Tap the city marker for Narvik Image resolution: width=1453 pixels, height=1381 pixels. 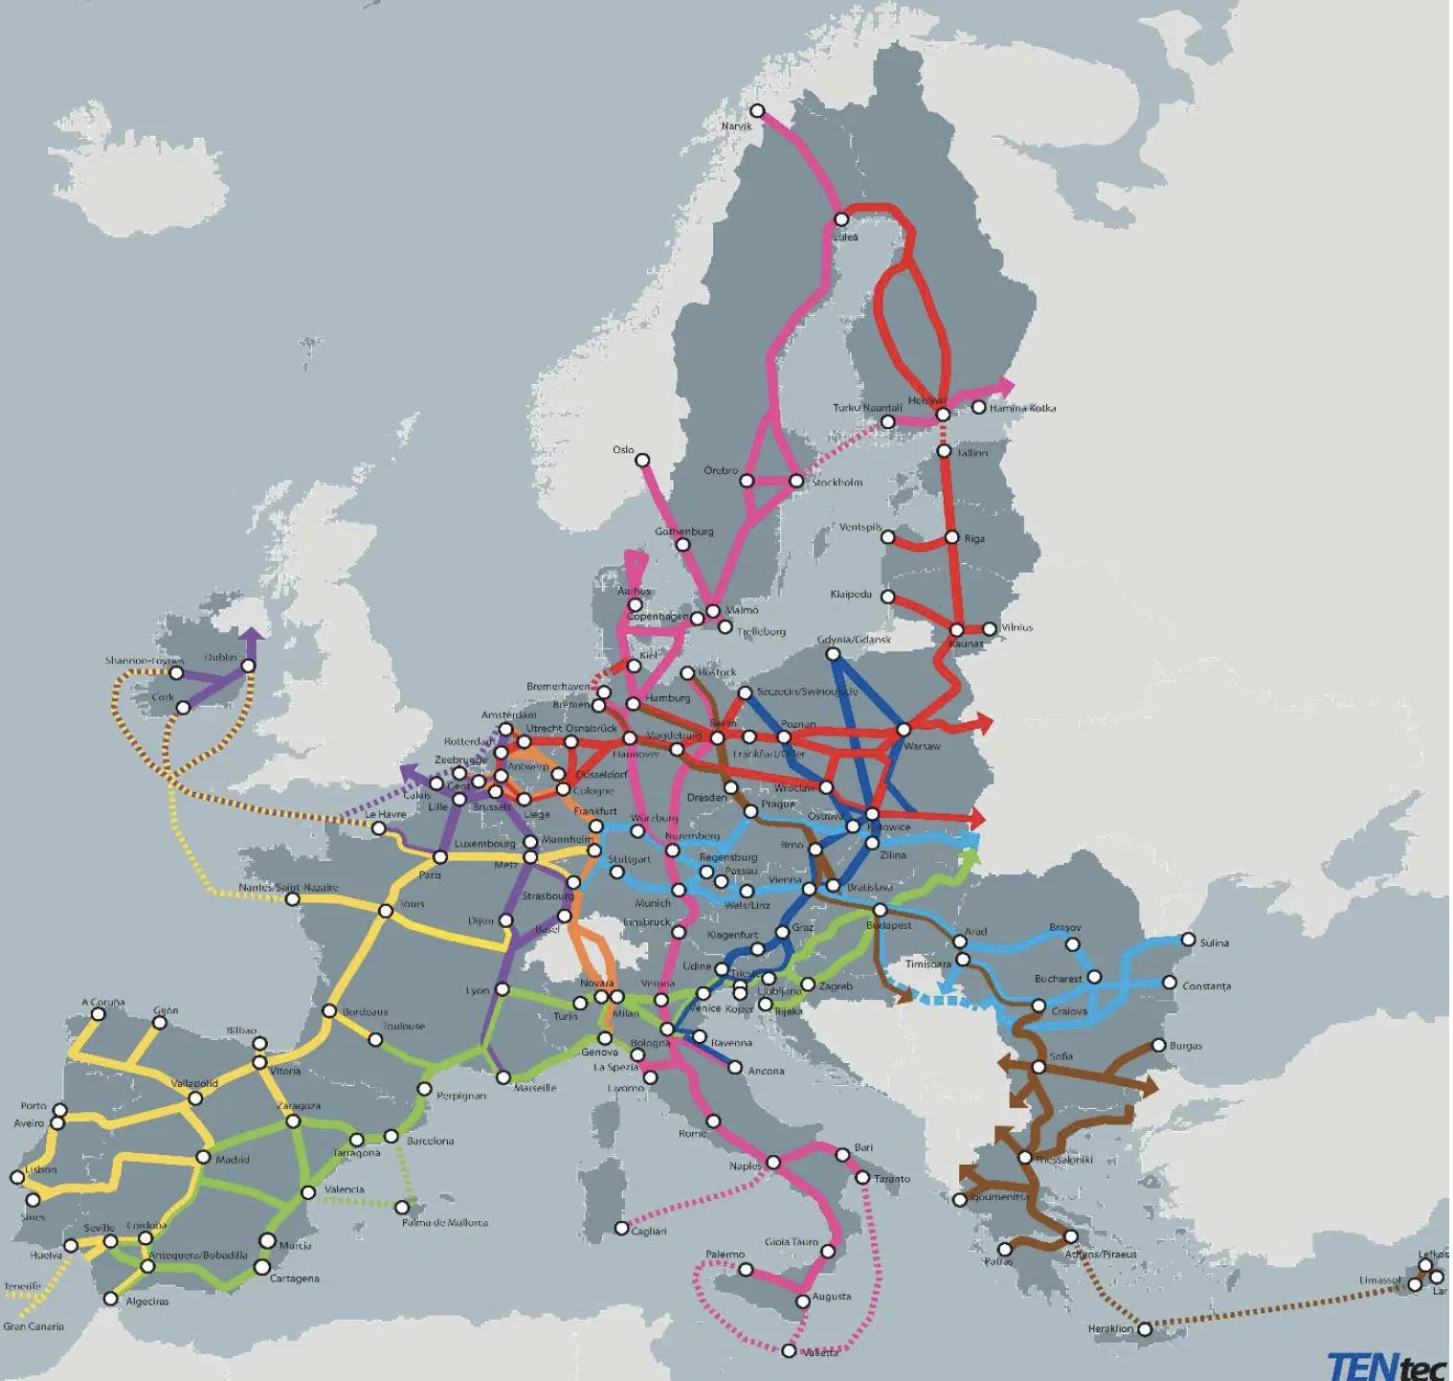[x=757, y=111]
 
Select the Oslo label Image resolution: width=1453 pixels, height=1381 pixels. [x=623, y=449]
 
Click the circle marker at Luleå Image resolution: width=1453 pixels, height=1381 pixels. [x=841, y=219]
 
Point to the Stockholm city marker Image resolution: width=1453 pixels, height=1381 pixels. [x=795, y=481]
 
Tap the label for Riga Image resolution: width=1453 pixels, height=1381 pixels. [x=974, y=538]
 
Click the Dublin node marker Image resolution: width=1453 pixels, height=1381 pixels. [x=249, y=666]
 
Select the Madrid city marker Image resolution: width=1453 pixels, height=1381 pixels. [x=203, y=1157]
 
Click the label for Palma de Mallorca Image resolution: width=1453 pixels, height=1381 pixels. [x=444, y=1223]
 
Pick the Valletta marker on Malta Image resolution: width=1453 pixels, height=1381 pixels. [x=788, y=1350]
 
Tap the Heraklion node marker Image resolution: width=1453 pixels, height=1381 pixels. [x=1144, y=1328]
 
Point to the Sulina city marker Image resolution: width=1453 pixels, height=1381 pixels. [x=1188, y=940]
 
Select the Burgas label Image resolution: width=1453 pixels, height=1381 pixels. [x=1185, y=1046]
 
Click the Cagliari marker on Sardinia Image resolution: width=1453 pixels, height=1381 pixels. [x=622, y=1228]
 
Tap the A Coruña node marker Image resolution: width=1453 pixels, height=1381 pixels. [x=98, y=1014]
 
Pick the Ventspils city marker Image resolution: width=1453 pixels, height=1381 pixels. [x=887, y=536]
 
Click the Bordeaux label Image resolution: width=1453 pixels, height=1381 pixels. [x=366, y=1011]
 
